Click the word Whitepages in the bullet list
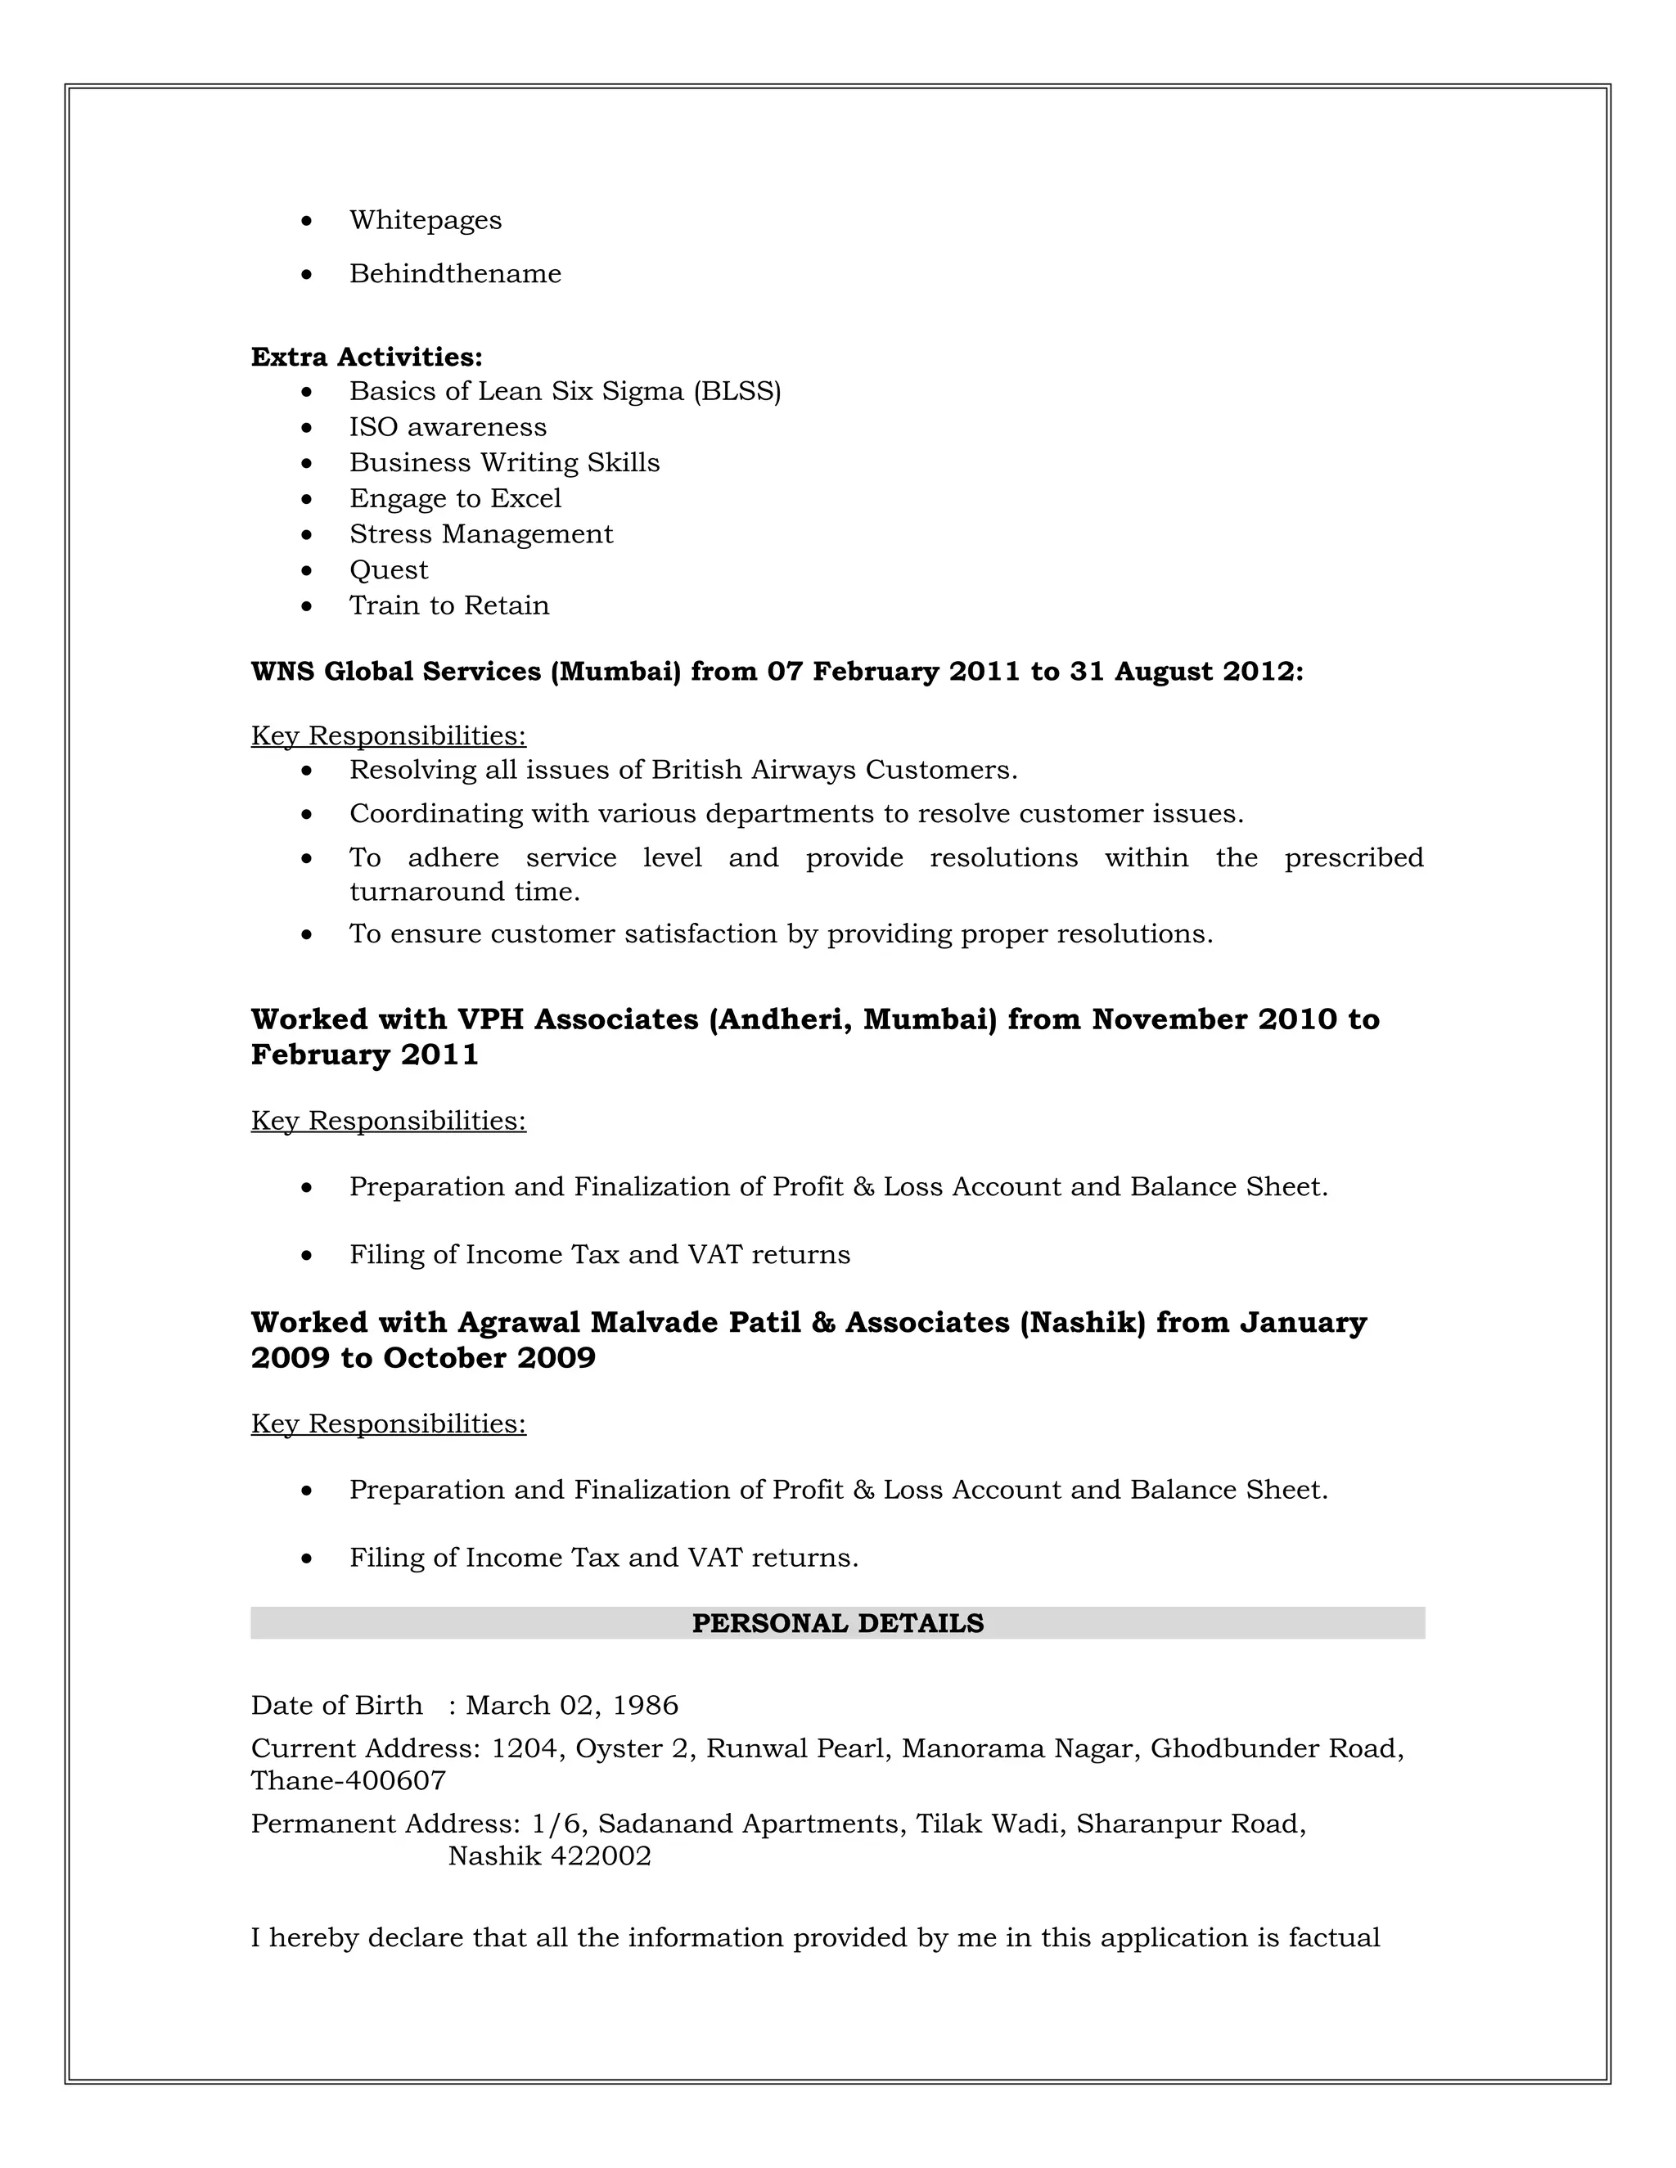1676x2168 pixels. click(x=425, y=220)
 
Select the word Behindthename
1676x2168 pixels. click(x=455, y=274)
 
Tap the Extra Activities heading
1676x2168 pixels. click(x=367, y=358)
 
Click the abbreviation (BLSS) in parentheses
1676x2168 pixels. click(x=737, y=391)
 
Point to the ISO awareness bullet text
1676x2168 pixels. click(x=448, y=427)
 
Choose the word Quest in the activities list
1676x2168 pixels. click(x=388, y=569)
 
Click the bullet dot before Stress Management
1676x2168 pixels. click(x=307, y=535)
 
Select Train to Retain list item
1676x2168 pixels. click(x=448, y=605)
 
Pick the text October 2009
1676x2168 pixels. click(x=489, y=1358)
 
